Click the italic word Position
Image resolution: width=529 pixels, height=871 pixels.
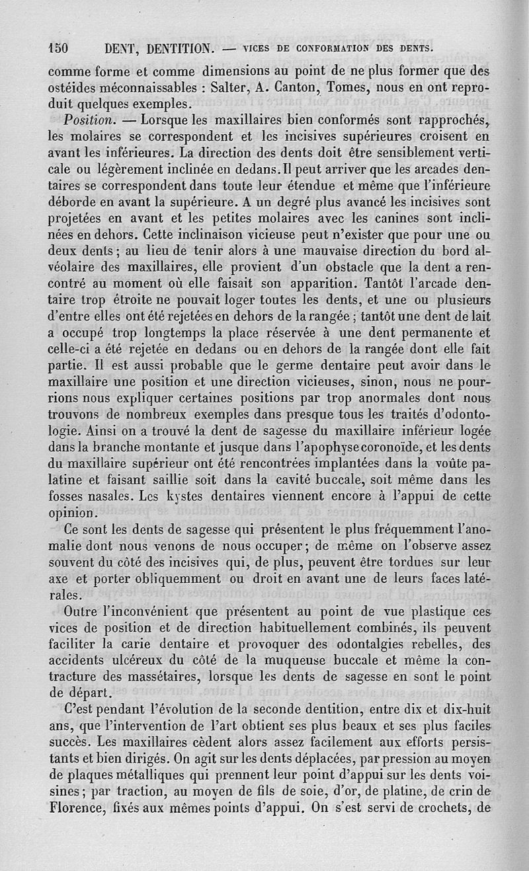pyautogui.click(x=90, y=120)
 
